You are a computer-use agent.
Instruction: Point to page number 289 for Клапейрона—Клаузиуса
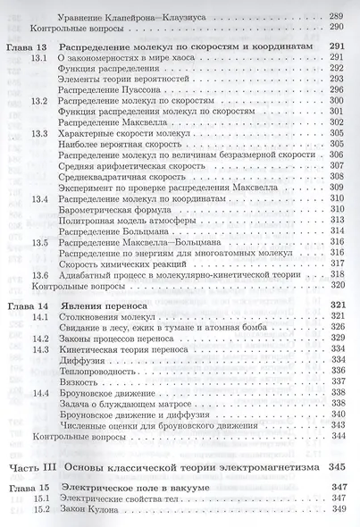point(337,17)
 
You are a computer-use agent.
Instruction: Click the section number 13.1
point(39,58)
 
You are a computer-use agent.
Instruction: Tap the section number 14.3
point(39,347)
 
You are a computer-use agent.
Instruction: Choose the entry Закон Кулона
point(88,508)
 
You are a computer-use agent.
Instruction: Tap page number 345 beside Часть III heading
point(334,466)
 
